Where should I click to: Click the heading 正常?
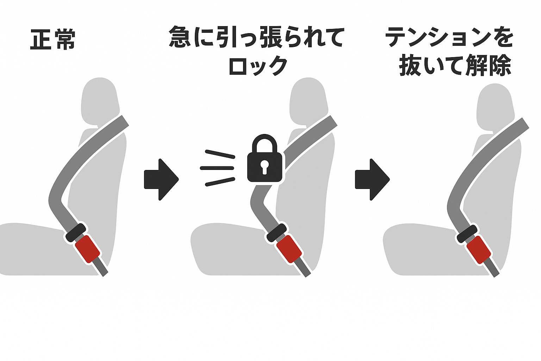tap(53, 39)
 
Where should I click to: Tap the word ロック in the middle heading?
tap(258, 66)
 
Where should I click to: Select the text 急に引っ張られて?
tap(256, 37)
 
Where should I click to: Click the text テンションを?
tap(449, 37)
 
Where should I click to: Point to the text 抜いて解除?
tap(455, 66)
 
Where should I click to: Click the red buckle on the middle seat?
tap(289, 249)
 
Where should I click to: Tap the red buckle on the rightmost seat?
tap(479, 250)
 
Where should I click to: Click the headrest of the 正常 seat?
tap(99, 100)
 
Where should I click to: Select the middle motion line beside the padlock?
tap(217, 168)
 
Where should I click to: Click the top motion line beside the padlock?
tap(220, 154)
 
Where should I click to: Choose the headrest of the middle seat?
tap(307, 100)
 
